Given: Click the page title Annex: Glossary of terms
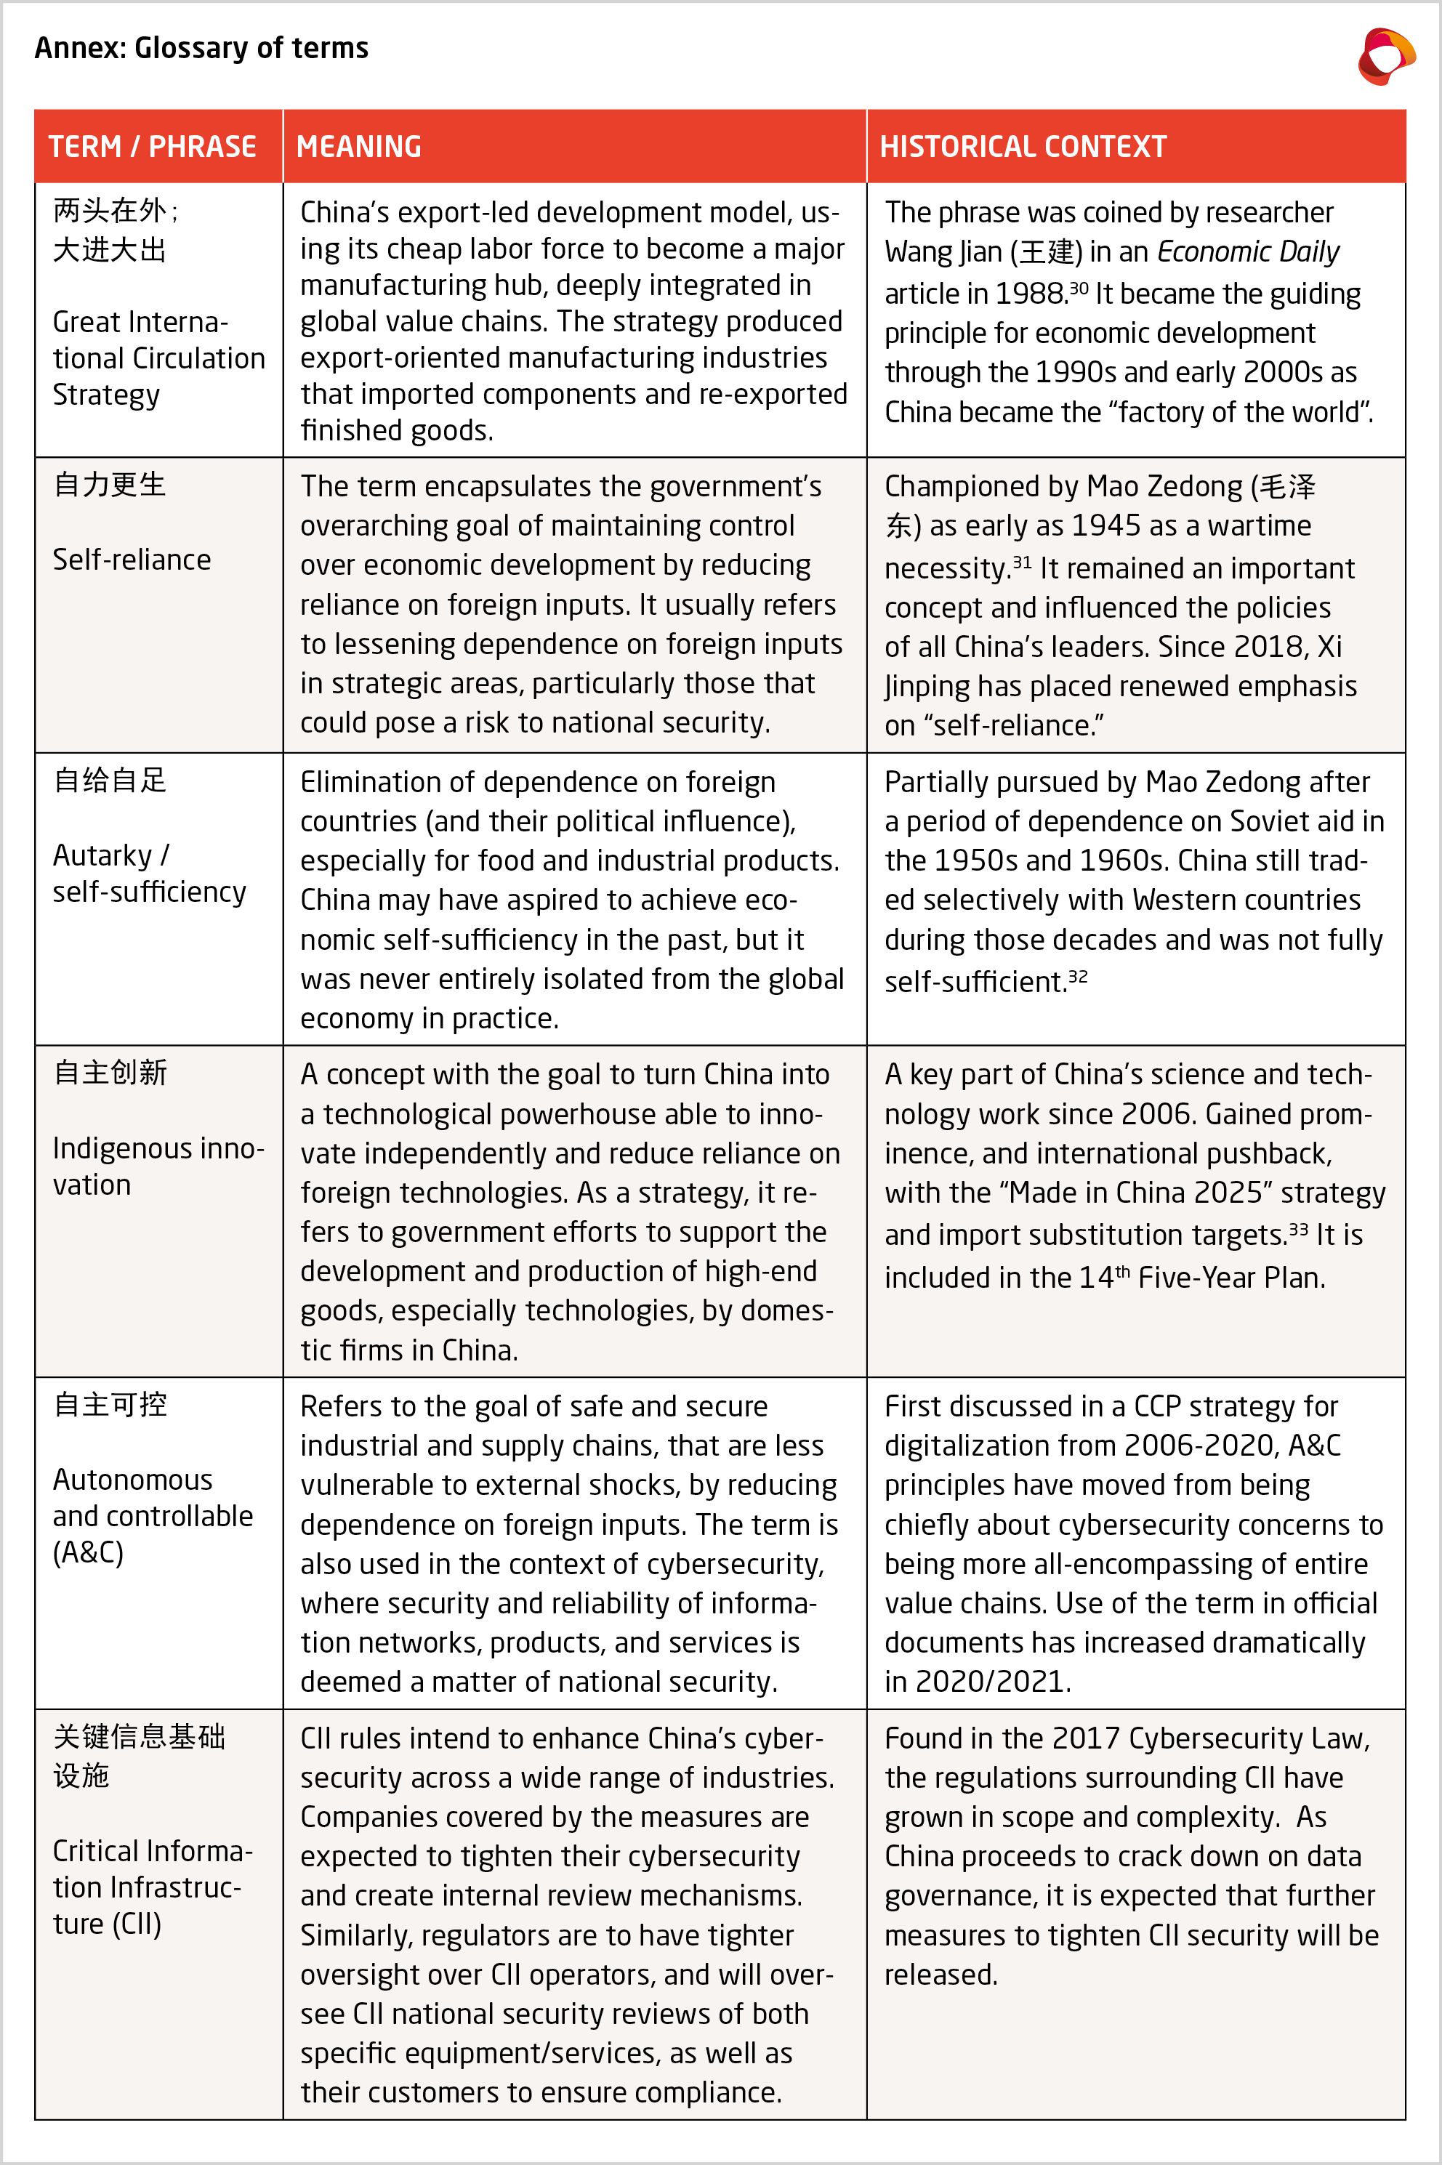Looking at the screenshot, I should tap(201, 48).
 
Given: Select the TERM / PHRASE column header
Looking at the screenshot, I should tap(153, 147).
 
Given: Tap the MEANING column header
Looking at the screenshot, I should tap(358, 147).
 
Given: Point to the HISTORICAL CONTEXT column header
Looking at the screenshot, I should tap(1023, 147).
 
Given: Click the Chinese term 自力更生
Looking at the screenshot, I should tap(110, 485).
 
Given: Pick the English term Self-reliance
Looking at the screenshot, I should tap(132, 559).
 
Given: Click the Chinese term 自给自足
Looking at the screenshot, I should tap(110, 781).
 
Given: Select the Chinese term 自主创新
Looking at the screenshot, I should tap(110, 1073).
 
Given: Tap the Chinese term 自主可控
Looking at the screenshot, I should tap(110, 1405).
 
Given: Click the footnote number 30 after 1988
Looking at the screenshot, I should tap(1078, 288).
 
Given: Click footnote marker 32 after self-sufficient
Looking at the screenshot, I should tap(1078, 975).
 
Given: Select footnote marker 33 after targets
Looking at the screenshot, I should tap(1297, 1228).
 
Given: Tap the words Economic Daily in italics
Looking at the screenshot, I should tap(1247, 252).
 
